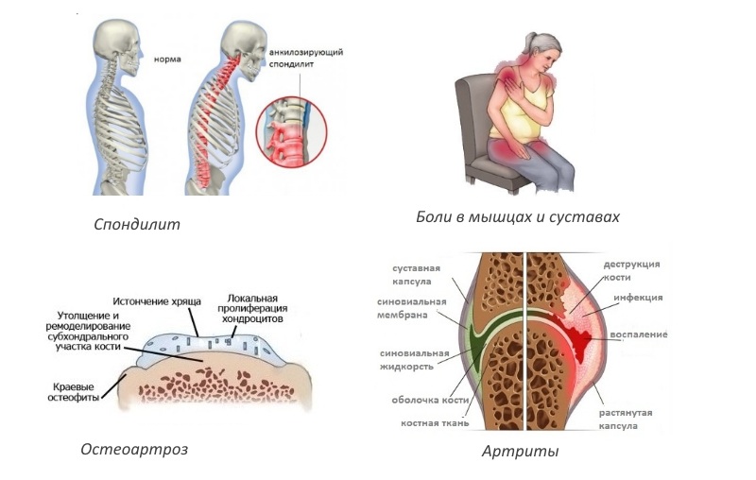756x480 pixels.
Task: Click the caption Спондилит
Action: (x=137, y=226)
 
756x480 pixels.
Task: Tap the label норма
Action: (x=168, y=59)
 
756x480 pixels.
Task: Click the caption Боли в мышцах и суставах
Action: (x=518, y=217)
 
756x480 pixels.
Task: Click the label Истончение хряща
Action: (x=158, y=300)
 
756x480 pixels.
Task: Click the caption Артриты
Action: (x=520, y=452)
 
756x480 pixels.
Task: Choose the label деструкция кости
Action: (x=632, y=270)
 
